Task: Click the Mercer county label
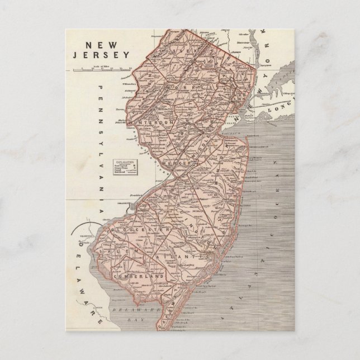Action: tap(178, 162)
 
